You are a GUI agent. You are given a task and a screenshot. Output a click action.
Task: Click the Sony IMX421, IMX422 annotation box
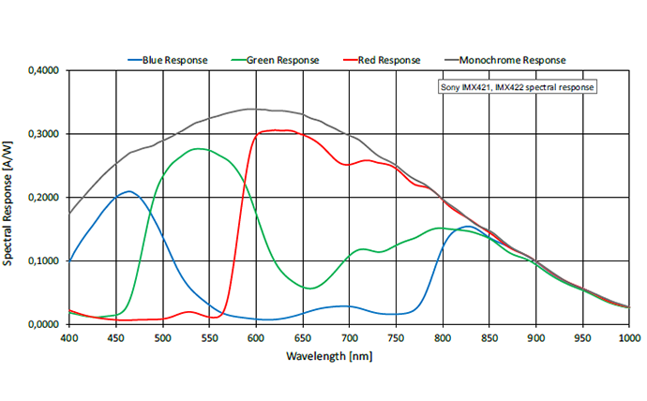pyautogui.click(x=518, y=87)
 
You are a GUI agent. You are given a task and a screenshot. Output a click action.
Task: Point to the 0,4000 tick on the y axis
pyautogui.click(x=44, y=70)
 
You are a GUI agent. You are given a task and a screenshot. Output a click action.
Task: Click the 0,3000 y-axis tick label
pyautogui.click(x=44, y=134)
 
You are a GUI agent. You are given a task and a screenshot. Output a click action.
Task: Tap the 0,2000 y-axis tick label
pyautogui.click(x=44, y=198)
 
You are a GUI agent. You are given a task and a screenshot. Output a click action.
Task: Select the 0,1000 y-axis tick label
pyautogui.click(x=44, y=260)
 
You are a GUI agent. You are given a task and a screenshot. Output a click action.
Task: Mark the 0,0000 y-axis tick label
pyautogui.click(x=44, y=324)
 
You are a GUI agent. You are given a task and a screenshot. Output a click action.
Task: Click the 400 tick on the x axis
pyautogui.click(x=70, y=336)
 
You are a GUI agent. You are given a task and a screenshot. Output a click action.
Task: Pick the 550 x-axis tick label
pyautogui.click(x=209, y=336)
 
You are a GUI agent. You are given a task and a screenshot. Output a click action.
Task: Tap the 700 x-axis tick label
pyautogui.click(x=349, y=336)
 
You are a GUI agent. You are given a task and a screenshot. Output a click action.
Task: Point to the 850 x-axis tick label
pyautogui.click(x=489, y=336)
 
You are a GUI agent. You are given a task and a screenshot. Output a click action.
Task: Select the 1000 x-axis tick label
pyautogui.click(x=627, y=336)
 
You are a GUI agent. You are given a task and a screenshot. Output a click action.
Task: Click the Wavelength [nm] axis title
pyautogui.click(x=349, y=356)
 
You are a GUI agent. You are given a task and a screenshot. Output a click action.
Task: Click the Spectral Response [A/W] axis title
pyautogui.click(x=10, y=198)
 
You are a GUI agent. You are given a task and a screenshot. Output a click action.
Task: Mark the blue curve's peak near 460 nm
pyautogui.click(x=128, y=191)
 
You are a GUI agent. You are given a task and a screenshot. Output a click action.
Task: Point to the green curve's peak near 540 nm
pyautogui.click(x=200, y=149)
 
